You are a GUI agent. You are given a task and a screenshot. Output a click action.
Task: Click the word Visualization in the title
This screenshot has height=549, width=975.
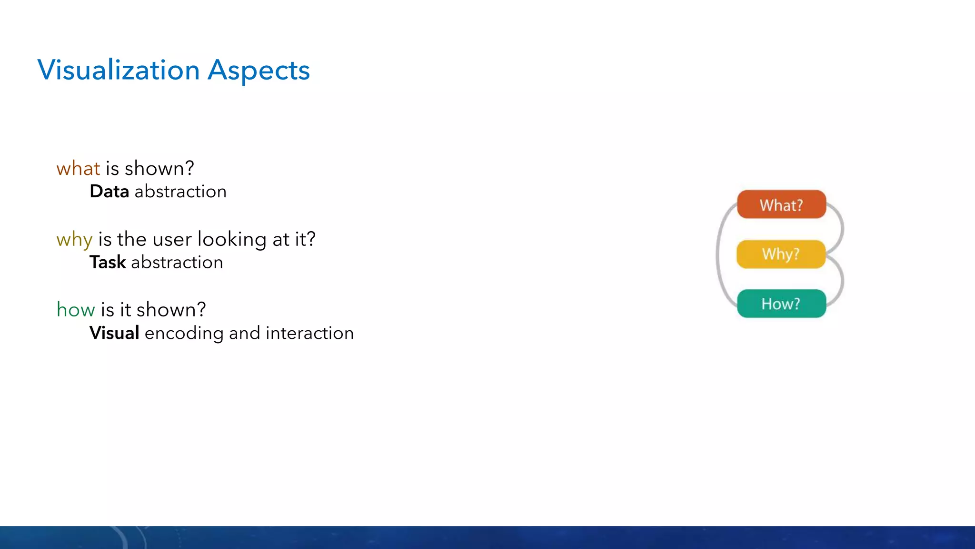[118, 71]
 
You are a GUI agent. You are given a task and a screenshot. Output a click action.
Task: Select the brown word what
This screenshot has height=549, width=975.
[78, 169]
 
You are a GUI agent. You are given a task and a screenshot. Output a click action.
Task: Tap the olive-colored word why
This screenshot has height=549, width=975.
[74, 240]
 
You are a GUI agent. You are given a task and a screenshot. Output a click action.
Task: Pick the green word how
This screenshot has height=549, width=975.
[76, 310]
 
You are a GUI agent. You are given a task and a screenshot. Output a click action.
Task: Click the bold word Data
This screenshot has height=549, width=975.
[109, 192]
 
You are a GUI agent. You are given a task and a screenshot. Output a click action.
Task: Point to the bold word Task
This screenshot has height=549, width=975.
[108, 263]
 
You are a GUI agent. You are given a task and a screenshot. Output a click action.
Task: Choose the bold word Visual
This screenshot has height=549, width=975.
[114, 333]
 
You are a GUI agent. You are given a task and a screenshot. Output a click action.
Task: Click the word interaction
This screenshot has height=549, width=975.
[309, 333]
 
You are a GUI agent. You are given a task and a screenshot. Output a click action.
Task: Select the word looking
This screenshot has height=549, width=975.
[232, 240]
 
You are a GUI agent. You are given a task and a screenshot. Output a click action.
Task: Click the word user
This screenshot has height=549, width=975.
[172, 240]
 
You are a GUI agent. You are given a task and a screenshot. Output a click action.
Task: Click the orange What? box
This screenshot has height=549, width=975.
[781, 205]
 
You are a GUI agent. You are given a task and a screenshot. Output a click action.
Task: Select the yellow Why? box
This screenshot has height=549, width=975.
[781, 254]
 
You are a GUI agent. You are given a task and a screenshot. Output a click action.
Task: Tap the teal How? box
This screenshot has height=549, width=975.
[781, 304]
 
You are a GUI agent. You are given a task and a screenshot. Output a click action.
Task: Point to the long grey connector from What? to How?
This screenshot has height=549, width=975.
[718, 254]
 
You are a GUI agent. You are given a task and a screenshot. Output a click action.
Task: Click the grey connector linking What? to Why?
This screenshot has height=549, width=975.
[842, 229]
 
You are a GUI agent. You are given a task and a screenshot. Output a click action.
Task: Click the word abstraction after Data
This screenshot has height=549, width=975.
[180, 192]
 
